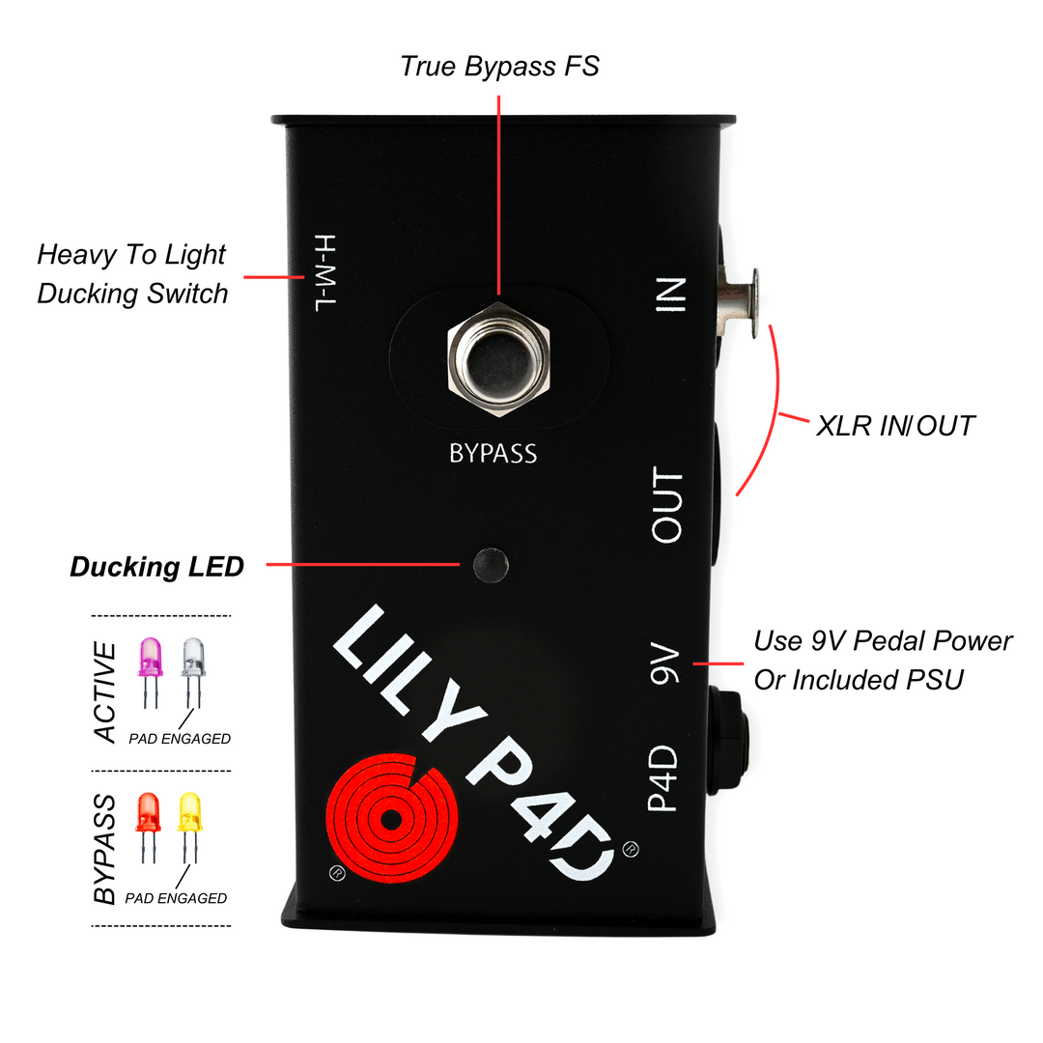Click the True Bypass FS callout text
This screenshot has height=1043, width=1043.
(x=499, y=67)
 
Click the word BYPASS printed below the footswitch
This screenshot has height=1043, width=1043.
(x=493, y=452)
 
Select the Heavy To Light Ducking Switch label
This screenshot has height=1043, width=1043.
(x=131, y=273)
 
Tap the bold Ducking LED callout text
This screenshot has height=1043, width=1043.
(x=156, y=567)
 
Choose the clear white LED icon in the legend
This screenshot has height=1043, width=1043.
(x=194, y=661)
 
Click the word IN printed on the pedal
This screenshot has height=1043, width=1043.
(x=670, y=296)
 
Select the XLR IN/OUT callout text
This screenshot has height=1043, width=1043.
(x=895, y=425)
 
